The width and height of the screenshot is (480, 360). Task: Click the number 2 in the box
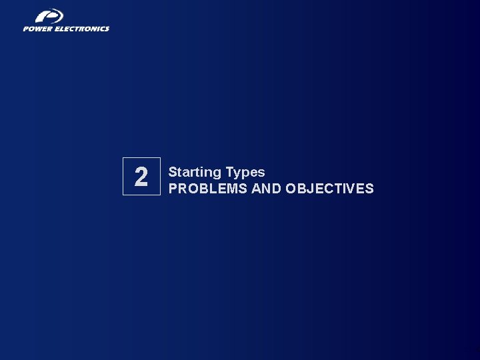141,177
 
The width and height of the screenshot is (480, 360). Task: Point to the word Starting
195,173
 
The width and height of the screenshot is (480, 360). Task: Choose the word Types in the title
245,173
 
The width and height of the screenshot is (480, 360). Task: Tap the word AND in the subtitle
266,189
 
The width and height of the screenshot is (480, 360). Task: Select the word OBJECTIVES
329,189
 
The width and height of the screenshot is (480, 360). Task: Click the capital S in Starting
173,172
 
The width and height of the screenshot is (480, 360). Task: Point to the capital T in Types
229,172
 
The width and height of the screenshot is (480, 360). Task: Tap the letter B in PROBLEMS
201,189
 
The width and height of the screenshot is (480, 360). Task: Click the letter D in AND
276,189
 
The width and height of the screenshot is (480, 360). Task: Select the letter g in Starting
217,173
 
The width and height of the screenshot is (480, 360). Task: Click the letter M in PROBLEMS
230,189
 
